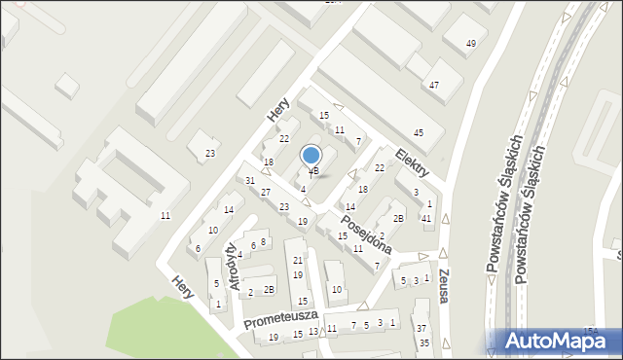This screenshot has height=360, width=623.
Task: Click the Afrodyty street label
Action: [x=234, y=265]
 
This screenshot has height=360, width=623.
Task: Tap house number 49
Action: [x=471, y=44]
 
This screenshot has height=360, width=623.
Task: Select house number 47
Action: [x=434, y=86]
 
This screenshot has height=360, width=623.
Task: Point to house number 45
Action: [x=419, y=132]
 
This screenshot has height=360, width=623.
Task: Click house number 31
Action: [x=250, y=181]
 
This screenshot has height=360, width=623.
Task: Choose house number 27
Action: [x=266, y=192]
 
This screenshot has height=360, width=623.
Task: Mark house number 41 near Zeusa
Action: [x=426, y=218]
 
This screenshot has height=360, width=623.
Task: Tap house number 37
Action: [x=422, y=330]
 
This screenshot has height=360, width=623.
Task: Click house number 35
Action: [x=423, y=343]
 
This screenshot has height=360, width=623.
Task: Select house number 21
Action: [x=298, y=261]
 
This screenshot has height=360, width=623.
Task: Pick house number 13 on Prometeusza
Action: [x=312, y=332]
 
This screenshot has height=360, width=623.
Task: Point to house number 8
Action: [x=263, y=241]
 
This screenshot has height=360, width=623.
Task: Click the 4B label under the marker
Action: [x=313, y=171]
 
